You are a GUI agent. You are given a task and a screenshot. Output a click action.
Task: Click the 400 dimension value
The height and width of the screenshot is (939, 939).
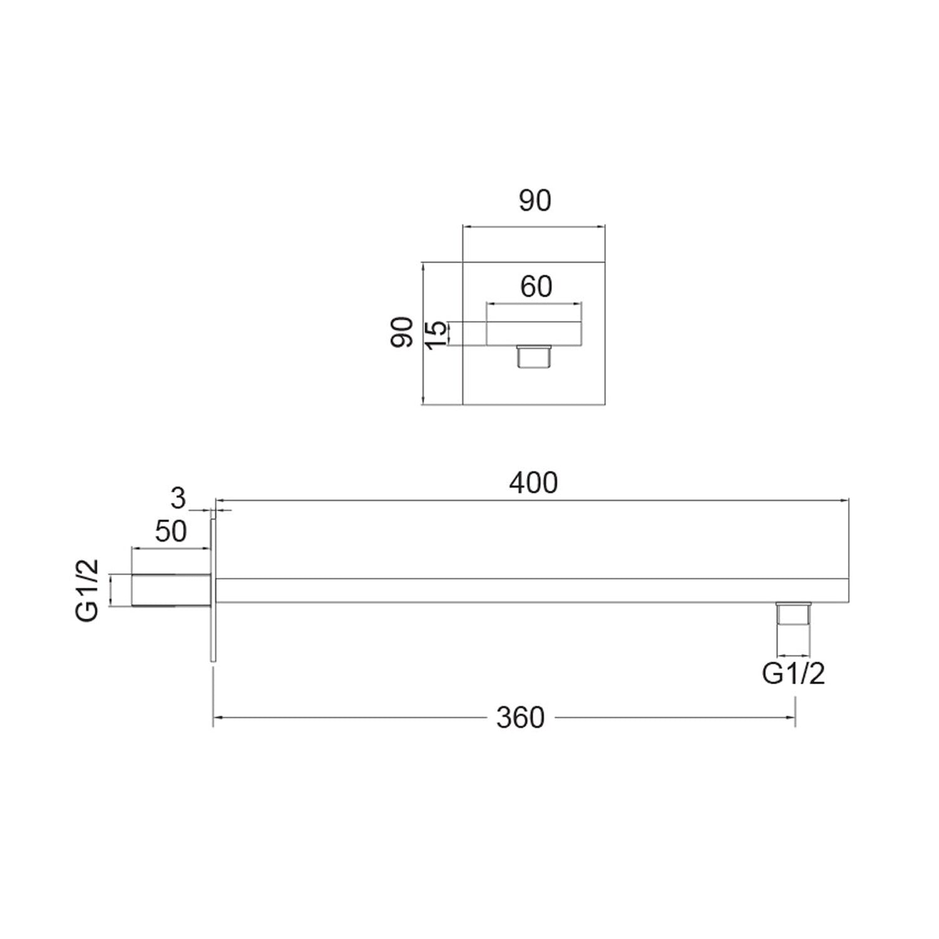[x=533, y=484]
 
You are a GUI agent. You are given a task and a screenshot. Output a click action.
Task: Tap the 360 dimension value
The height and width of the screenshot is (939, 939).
[x=521, y=717]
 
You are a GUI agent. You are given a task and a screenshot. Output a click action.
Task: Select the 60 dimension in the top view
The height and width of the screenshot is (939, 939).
[x=536, y=287]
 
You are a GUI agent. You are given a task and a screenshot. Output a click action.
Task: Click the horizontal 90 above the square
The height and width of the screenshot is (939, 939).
[x=535, y=200]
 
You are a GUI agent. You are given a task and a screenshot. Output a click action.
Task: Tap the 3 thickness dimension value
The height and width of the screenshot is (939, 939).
[x=178, y=498]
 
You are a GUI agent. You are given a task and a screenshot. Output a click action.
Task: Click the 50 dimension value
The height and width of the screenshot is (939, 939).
[x=171, y=531]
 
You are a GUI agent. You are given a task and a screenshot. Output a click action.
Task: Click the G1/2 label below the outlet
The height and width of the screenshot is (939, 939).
[x=794, y=674]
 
